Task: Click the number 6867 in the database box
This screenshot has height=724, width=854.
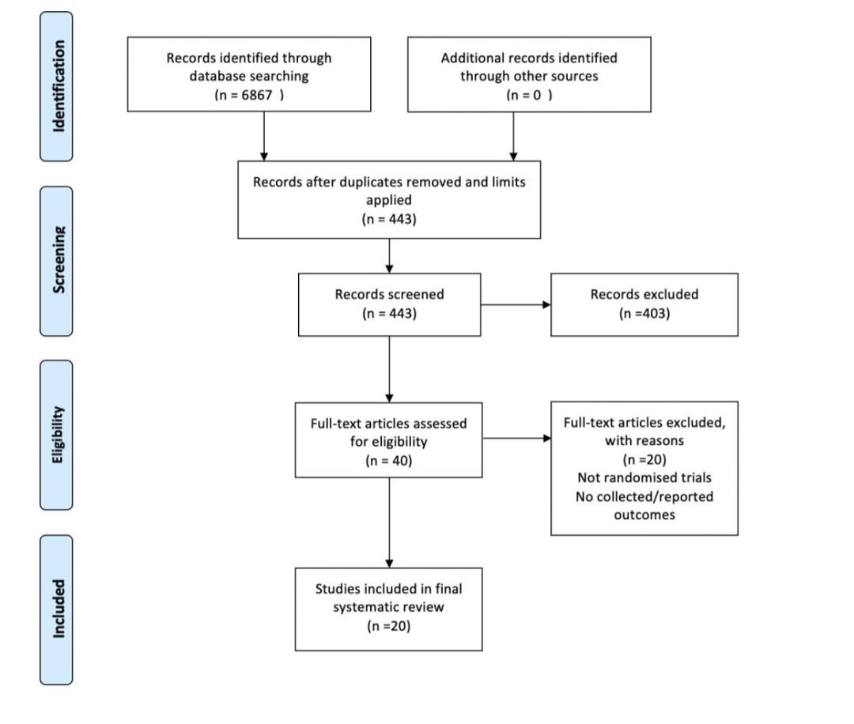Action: [256, 95]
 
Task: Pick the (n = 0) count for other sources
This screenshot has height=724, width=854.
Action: [529, 95]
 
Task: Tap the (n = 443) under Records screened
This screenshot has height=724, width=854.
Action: [389, 314]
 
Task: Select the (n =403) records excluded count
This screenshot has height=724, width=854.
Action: [644, 314]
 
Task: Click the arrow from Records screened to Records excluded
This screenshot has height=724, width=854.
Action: [516, 305]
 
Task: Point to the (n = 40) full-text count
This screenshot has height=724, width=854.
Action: [389, 461]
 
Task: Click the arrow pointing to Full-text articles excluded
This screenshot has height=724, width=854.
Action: [517, 438]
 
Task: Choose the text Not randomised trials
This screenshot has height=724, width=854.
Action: [644, 478]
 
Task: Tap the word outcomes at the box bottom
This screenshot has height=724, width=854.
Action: [644, 515]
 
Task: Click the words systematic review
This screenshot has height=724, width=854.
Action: [388, 607]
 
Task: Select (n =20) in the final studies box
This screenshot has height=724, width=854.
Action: [389, 626]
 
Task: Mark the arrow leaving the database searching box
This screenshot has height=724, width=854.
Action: [264, 136]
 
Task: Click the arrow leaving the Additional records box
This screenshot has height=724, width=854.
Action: [513, 136]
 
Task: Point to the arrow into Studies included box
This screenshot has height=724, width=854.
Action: [389, 522]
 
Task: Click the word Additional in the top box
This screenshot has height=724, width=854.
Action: [473, 58]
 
